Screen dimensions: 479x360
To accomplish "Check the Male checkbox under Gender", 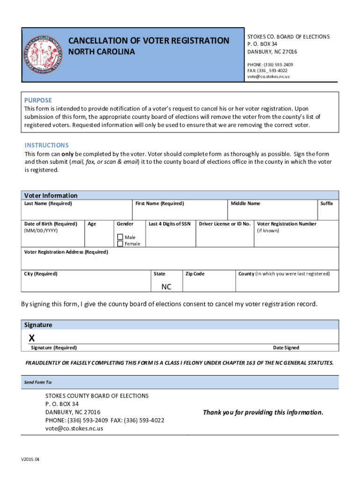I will click(120, 237).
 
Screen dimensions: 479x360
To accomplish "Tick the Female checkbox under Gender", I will click(120, 244).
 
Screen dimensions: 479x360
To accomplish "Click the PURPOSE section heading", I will click(38, 100).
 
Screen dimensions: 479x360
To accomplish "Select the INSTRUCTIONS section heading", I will click(46, 145).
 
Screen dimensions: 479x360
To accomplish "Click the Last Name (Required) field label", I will click(48, 203).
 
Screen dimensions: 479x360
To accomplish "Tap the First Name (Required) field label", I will click(159, 203).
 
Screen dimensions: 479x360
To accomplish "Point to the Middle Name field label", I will click(245, 203).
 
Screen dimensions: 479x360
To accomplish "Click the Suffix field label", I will click(326, 203).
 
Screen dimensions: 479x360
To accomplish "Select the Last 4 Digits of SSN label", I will click(169, 224).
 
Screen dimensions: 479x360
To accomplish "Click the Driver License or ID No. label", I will click(224, 224).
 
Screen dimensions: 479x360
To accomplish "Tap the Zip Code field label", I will click(195, 274).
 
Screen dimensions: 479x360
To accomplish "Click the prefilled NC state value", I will click(166, 287).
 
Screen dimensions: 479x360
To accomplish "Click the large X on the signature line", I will click(31, 338).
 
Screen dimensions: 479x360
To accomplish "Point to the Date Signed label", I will click(286, 348).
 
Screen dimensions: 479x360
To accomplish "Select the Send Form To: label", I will click(38, 382).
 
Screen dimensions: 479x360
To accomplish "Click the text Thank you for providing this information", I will click(263, 412).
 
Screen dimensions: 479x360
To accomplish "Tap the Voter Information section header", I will click(50, 195).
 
